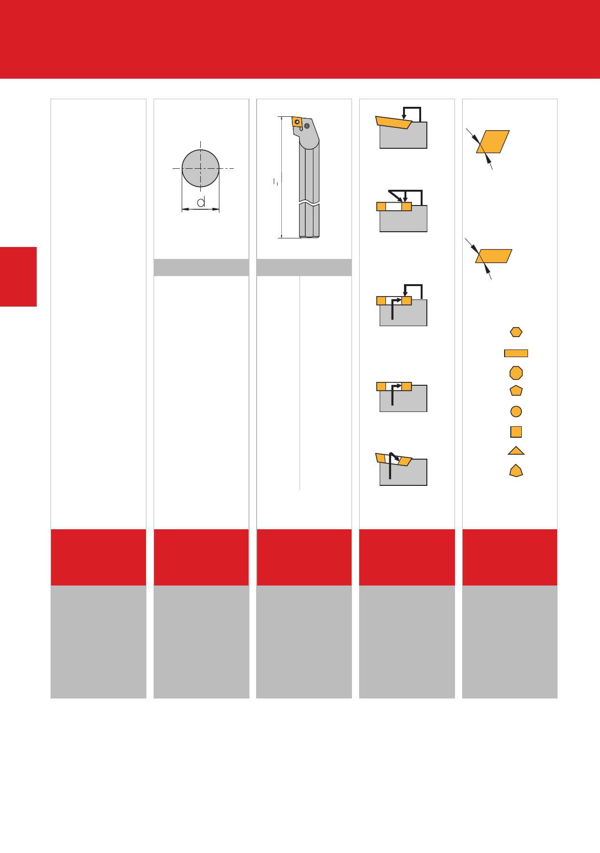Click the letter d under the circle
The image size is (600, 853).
tap(201, 202)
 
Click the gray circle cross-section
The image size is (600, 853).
tap(200, 168)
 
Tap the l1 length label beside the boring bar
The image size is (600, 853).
tap(276, 181)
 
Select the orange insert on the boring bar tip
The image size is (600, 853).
tap(297, 122)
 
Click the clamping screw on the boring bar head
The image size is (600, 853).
tap(307, 126)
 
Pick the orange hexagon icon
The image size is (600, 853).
tap(516, 332)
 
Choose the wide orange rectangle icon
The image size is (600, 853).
tap(516, 353)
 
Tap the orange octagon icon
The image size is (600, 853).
tap(516, 373)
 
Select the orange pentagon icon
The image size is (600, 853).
tap(516, 391)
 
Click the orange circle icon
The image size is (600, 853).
tap(516, 411)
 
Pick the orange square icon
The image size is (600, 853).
tap(516, 432)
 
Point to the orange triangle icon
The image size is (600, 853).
tap(516, 451)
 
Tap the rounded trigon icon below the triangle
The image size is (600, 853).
tap(516, 471)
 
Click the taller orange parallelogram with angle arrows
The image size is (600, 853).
tap(493, 142)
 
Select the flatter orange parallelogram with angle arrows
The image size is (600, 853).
tap(494, 256)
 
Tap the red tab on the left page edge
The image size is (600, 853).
tap(18, 277)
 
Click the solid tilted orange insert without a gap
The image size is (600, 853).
tap(393, 122)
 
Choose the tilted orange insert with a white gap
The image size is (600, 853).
tap(393, 460)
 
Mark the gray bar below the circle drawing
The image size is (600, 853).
tap(201, 267)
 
